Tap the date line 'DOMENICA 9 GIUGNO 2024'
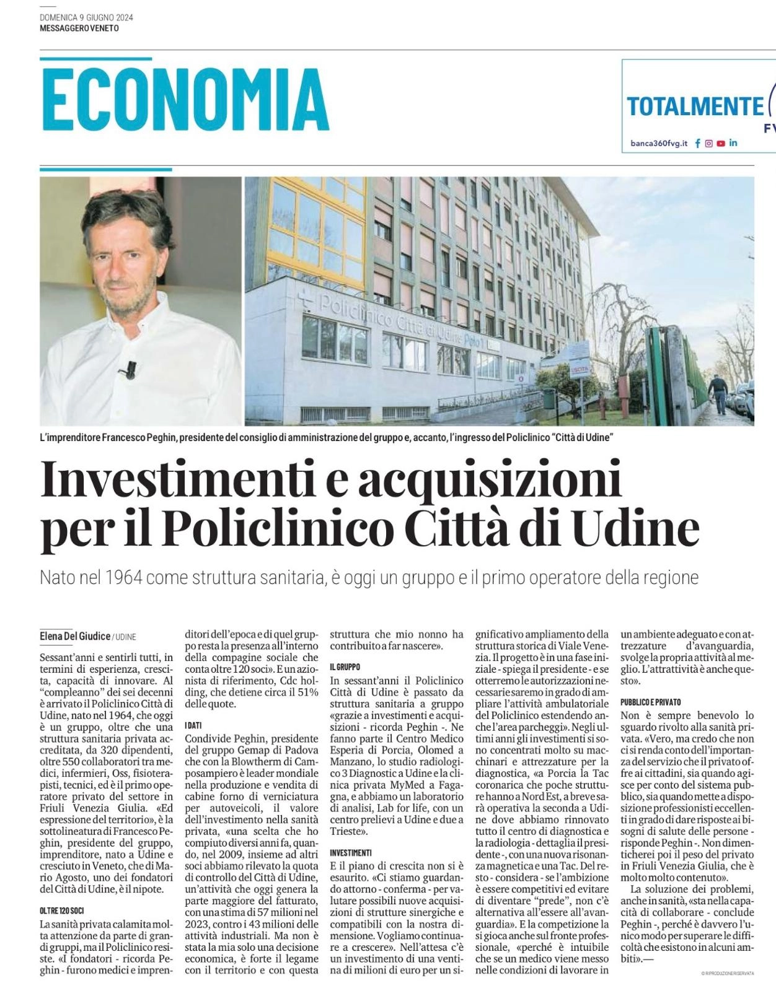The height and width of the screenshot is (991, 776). (86, 17)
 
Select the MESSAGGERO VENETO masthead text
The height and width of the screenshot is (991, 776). (79, 28)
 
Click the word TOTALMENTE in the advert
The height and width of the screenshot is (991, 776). (695, 107)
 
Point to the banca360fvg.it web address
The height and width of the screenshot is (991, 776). (659, 143)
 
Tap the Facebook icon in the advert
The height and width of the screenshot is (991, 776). (698, 143)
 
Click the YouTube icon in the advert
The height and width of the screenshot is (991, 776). (721, 143)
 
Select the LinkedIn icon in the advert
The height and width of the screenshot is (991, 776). (733, 143)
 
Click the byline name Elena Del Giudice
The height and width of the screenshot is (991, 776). (75, 636)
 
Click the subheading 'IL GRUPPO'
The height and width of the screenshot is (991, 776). (345, 666)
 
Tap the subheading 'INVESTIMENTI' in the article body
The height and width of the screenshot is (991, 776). (351, 853)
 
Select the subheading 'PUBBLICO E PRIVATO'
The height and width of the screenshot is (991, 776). (650, 702)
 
